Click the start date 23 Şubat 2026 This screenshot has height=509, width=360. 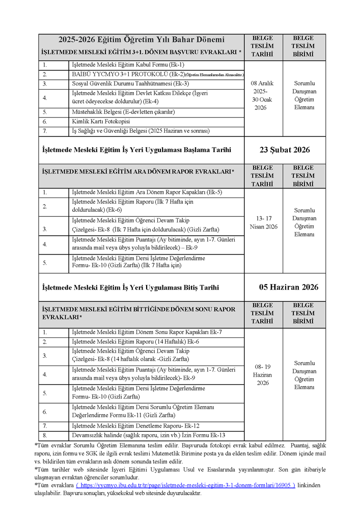[x=285, y=150]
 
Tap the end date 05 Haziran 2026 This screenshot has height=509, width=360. [x=289, y=287]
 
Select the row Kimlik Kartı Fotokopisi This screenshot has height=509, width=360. [x=101, y=122]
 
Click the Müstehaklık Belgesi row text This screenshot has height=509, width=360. [x=123, y=112]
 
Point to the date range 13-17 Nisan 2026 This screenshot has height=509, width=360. [x=263, y=222]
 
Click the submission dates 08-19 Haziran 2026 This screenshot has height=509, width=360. [x=263, y=375]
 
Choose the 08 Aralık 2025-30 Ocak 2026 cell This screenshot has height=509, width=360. [x=263, y=95]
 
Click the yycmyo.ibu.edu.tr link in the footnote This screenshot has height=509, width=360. [x=185, y=486]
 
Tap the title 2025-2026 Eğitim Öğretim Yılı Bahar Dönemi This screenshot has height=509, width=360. [x=141, y=40]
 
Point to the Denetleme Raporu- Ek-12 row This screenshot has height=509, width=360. [x=135, y=426]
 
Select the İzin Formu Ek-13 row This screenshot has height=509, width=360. [x=148, y=435]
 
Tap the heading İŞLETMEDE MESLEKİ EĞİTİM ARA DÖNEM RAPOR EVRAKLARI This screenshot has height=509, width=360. [x=138, y=172]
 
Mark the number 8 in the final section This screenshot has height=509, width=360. [x=45, y=435]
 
